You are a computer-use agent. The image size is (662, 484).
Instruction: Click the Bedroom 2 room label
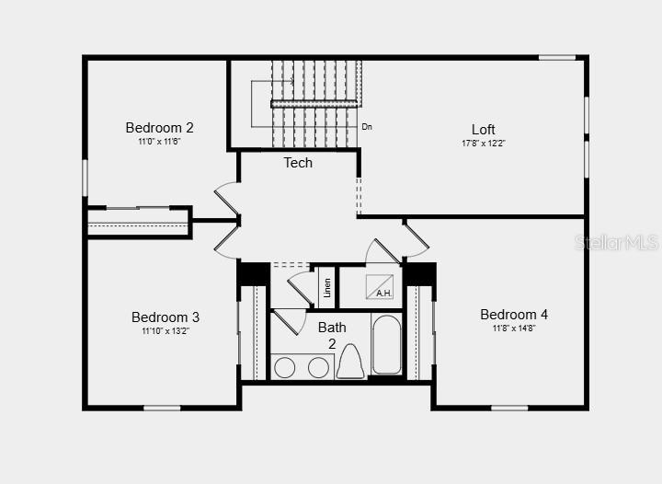point(160,128)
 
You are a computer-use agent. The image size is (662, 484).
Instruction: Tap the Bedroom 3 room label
point(165,317)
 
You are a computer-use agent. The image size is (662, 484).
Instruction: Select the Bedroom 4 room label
point(514,315)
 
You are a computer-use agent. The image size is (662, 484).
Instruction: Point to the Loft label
point(484,130)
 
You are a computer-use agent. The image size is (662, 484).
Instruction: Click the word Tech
point(298,163)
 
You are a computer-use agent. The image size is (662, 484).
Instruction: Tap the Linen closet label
point(326,287)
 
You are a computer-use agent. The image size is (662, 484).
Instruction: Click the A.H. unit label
point(383,294)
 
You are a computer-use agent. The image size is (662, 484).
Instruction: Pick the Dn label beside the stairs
point(367,127)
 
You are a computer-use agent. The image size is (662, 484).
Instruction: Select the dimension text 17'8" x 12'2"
point(484,144)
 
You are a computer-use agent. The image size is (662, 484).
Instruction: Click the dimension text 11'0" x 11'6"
point(159,142)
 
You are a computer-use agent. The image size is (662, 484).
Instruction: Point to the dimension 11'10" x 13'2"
point(165,331)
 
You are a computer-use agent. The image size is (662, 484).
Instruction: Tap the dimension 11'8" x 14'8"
point(514,328)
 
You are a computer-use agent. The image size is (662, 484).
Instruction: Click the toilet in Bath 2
point(350,362)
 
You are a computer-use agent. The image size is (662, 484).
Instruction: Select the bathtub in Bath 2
point(386,345)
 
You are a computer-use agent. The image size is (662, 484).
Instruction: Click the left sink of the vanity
point(285,367)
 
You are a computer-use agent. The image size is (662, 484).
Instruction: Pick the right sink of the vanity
point(318,367)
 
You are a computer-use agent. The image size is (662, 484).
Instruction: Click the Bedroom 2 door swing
point(227,199)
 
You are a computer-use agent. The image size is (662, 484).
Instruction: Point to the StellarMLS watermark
point(616,243)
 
